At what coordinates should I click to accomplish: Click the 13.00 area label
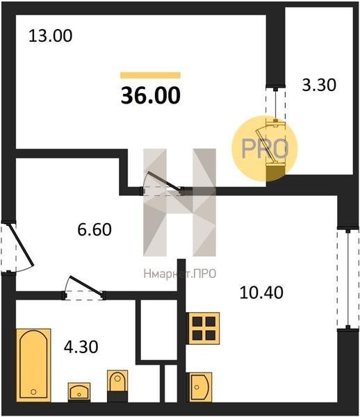[x=50, y=36]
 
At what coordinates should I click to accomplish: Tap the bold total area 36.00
[x=151, y=95]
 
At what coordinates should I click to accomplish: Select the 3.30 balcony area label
[x=319, y=85]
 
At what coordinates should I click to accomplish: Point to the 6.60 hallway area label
[x=95, y=229]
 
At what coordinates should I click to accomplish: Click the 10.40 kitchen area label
[x=261, y=293]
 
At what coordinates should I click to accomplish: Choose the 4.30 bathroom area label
[x=81, y=347]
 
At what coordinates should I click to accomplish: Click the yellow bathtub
[x=33, y=365]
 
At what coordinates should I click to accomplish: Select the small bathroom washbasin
[x=79, y=392]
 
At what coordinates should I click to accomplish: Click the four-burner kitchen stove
[x=204, y=329]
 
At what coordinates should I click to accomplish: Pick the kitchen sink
[x=200, y=387]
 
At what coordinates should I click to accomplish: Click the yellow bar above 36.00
[x=151, y=75]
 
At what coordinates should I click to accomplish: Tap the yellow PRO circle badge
[x=265, y=149]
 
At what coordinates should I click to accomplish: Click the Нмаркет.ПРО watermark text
[x=180, y=274]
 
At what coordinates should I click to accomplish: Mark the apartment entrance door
[x=18, y=247]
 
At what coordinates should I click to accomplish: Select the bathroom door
[x=83, y=288]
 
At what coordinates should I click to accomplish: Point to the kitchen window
[x=347, y=279]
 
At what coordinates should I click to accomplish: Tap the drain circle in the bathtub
[x=33, y=392]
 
